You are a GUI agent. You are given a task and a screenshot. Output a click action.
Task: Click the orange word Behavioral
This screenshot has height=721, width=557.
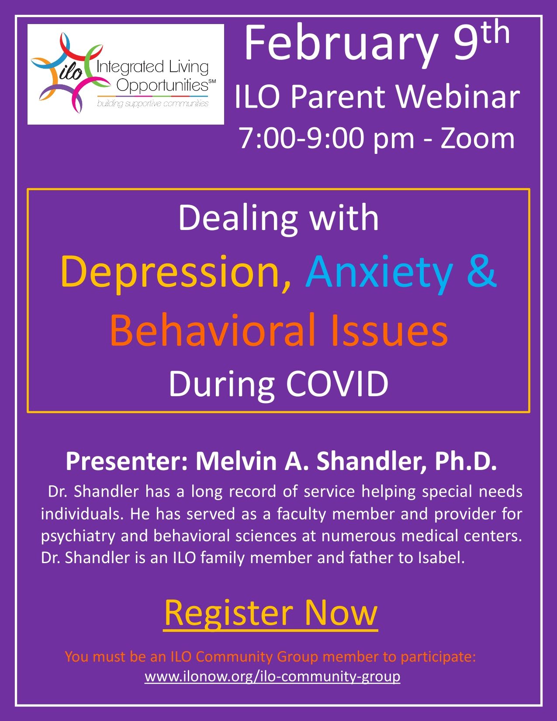pos(212,330)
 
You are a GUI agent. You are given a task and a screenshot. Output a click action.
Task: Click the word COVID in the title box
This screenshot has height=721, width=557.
pos(337,384)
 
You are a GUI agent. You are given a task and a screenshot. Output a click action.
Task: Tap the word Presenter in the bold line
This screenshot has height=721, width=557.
pos(127,461)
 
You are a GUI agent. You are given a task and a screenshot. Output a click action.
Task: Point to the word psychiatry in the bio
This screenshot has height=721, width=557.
pos(78,537)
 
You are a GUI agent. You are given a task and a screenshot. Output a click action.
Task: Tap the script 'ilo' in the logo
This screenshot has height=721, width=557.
pos(71,71)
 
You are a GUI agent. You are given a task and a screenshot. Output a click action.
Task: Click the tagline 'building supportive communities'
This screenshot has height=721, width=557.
pos(153,104)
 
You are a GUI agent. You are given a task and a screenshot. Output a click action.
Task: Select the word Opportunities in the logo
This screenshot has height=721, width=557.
pos(163,85)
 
